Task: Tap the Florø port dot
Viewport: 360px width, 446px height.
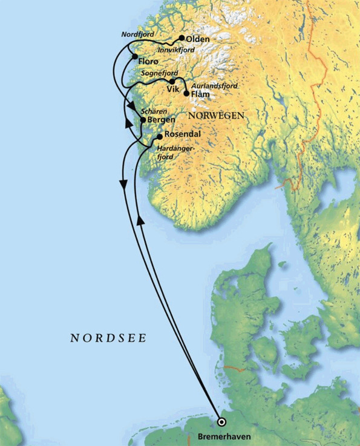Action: (x=135, y=56)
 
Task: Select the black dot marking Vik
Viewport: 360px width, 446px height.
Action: (x=172, y=81)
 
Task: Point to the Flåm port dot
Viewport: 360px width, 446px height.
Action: (x=186, y=93)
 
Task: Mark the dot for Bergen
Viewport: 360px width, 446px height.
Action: (x=143, y=120)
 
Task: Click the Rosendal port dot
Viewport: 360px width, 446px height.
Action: (x=159, y=136)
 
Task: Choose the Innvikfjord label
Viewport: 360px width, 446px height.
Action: (x=176, y=50)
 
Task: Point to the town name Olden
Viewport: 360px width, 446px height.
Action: (x=198, y=39)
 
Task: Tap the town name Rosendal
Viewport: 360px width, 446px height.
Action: (x=182, y=134)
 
